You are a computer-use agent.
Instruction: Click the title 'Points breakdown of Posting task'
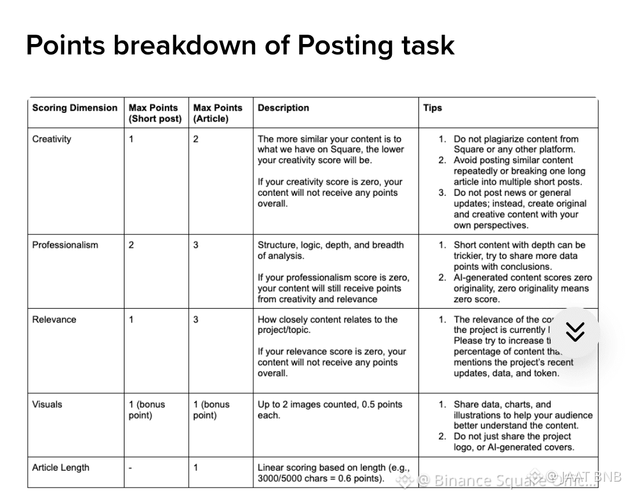240,45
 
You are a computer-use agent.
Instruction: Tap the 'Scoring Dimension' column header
75,108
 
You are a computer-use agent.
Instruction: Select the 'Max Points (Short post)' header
155,113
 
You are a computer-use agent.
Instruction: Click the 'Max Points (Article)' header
217,113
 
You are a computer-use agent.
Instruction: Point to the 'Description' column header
283,108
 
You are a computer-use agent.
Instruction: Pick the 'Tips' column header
432,108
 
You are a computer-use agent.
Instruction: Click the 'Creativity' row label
52,139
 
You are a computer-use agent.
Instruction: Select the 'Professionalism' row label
65,245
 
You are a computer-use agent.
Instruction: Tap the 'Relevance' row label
54,320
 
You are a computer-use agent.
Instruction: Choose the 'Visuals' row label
47,405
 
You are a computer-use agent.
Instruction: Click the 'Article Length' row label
61,468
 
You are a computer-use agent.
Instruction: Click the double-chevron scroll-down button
574,332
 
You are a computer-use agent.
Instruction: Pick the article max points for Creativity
196,139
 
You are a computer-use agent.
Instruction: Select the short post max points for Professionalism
132,245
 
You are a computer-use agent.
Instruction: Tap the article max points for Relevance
196,320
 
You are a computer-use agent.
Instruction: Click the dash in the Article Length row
130,468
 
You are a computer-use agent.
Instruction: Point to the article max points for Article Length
196,468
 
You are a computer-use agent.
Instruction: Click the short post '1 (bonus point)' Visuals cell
147,410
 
